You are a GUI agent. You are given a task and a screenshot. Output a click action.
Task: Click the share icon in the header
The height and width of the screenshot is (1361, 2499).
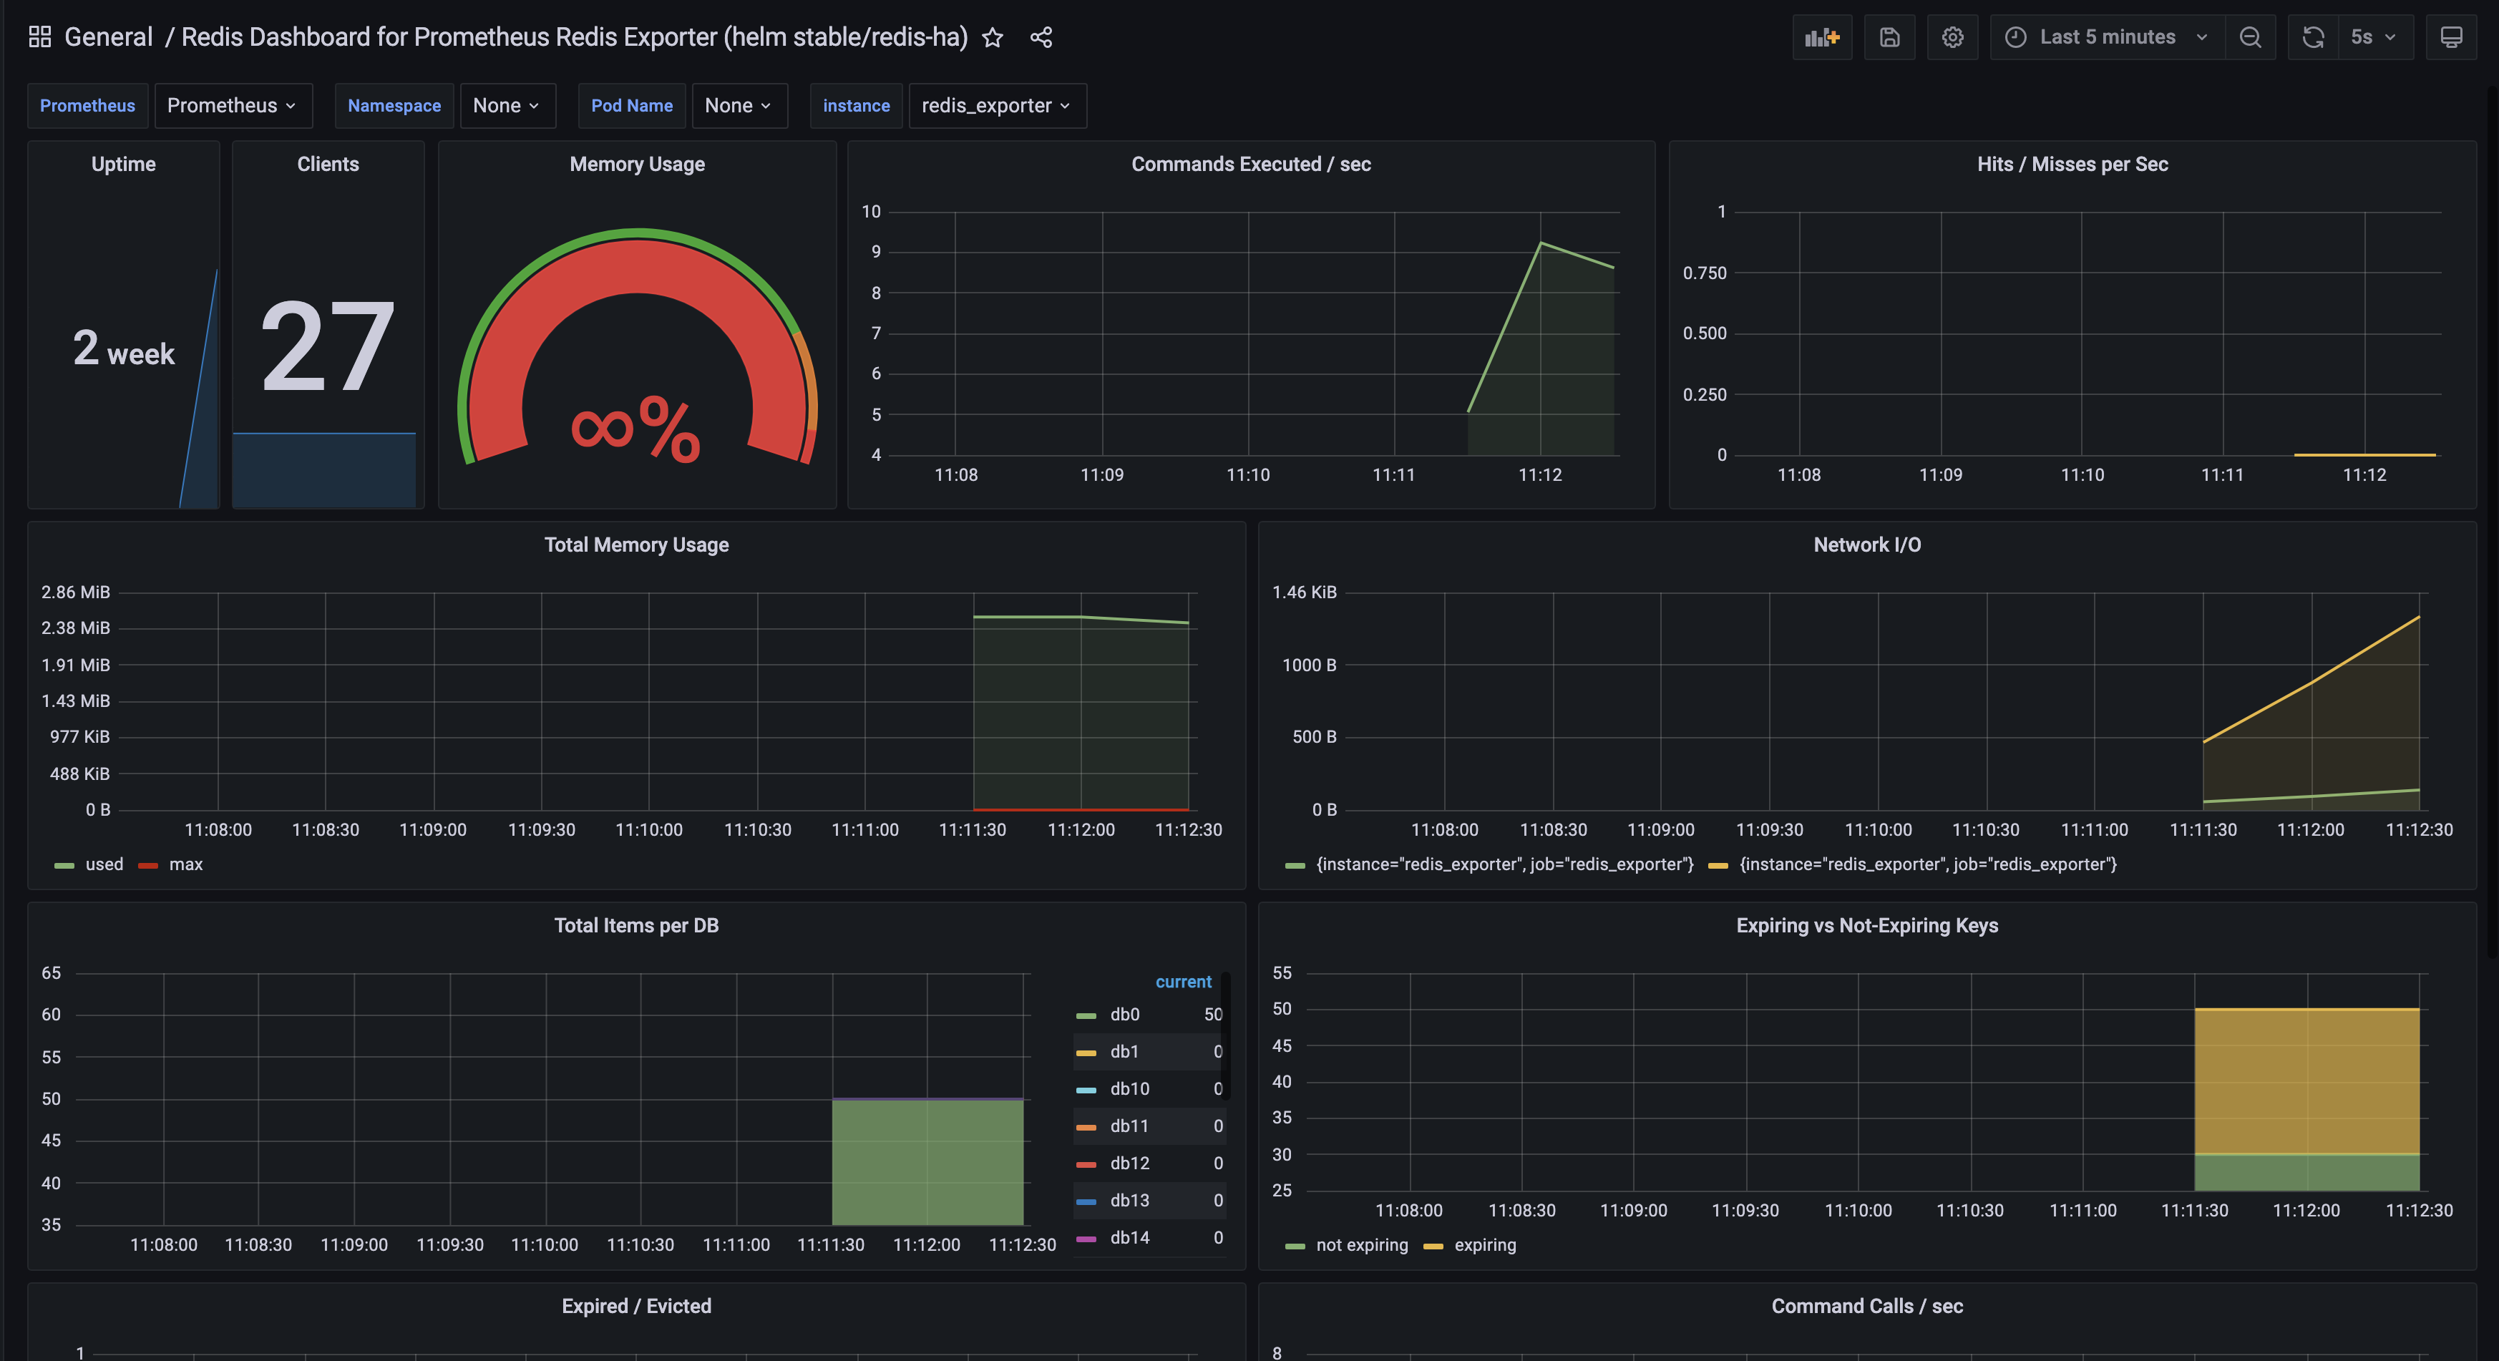(1041, 38)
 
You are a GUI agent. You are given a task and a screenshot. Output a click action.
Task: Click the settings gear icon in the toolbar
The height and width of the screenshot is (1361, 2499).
(1952, 38)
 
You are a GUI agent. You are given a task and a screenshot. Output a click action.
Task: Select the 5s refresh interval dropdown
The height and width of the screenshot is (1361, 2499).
(2372, 38)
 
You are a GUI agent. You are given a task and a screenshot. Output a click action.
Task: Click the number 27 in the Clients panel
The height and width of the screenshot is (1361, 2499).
(328, 346)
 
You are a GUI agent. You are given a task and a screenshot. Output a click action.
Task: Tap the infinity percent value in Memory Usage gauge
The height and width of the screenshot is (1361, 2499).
(635, 428)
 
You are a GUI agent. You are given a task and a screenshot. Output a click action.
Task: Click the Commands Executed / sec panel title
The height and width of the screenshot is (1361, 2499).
(1250, 164)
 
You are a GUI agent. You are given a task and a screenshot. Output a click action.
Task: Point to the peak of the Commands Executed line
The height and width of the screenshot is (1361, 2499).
(1541, 243)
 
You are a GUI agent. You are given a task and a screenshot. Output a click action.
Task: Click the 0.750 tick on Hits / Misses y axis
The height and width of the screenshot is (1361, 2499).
(1705, 273)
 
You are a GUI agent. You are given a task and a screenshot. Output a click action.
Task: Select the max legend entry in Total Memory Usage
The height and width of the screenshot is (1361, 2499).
(185, 864)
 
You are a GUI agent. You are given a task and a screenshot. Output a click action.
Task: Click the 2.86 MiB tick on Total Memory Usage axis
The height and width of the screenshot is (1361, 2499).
(76, 592)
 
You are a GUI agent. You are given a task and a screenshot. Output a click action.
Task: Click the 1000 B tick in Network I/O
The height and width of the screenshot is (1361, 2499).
(1309, 665)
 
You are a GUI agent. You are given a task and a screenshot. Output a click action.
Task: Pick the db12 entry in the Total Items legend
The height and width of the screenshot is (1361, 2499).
(1129, 1163)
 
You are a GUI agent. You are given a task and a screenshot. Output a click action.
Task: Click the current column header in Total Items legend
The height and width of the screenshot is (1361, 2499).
(1182, 982)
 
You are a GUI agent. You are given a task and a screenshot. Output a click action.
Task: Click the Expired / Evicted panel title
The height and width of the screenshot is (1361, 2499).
(636, 1307)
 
